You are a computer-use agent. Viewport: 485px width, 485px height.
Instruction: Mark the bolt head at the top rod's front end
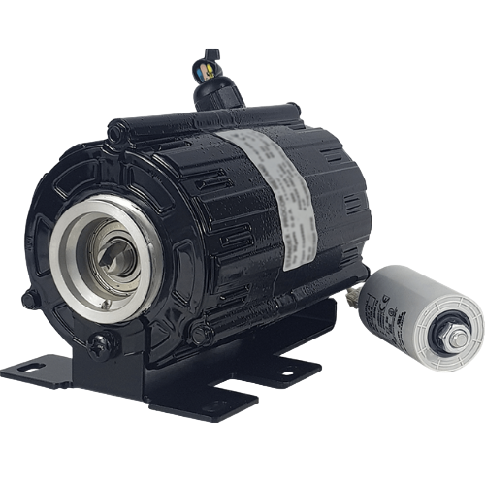pyautogui.click(x=115, y=129)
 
